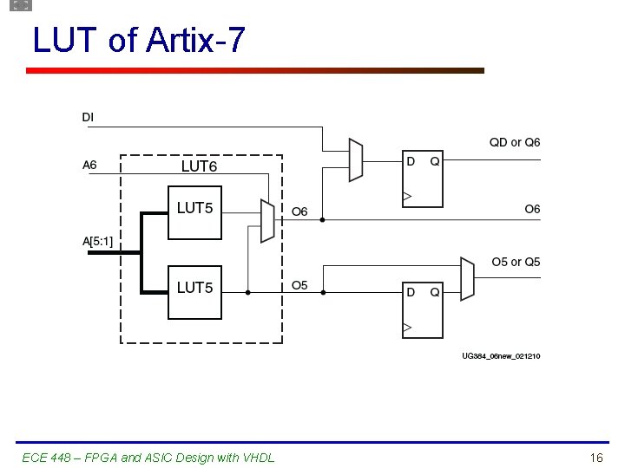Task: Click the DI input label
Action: pos(89,117)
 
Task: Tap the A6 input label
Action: pos(89,166)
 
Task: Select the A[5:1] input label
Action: pos(97,242)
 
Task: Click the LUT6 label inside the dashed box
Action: pos(199,166)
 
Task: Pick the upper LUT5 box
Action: pos(194,212)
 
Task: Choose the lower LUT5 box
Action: pos(194,292)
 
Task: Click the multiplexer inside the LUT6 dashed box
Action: pos(267,220)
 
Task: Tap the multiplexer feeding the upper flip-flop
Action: pos(355,159)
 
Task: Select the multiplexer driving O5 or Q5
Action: pos(467,278)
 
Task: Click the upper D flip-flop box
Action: pos(423,179)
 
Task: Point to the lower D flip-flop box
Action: pos(423,309)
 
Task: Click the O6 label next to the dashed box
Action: pos(299,211)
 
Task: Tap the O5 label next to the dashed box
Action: pos(299,285)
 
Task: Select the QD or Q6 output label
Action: pos(515,142)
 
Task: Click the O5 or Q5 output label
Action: pos(516,262)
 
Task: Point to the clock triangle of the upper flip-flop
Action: pos(407,198)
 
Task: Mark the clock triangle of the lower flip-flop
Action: pos(407,328)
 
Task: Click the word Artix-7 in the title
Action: pos(196,40)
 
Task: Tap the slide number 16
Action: pos(595,457)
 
